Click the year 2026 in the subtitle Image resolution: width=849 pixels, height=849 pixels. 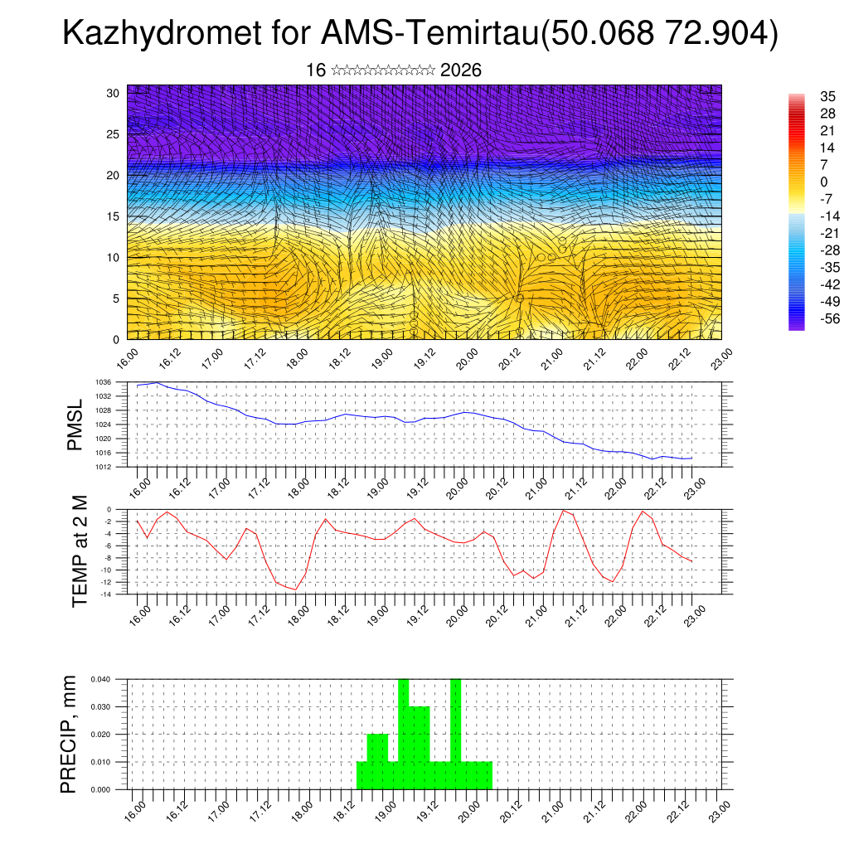(x=461, y=70)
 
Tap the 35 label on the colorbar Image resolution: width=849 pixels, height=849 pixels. (x=827, y=96)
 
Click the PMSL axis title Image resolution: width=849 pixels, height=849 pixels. (x=76, y=424)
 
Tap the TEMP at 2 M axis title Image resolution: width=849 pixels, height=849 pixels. (x=80, y=551)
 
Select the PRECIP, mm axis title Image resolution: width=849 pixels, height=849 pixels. (x=70, y=734)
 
